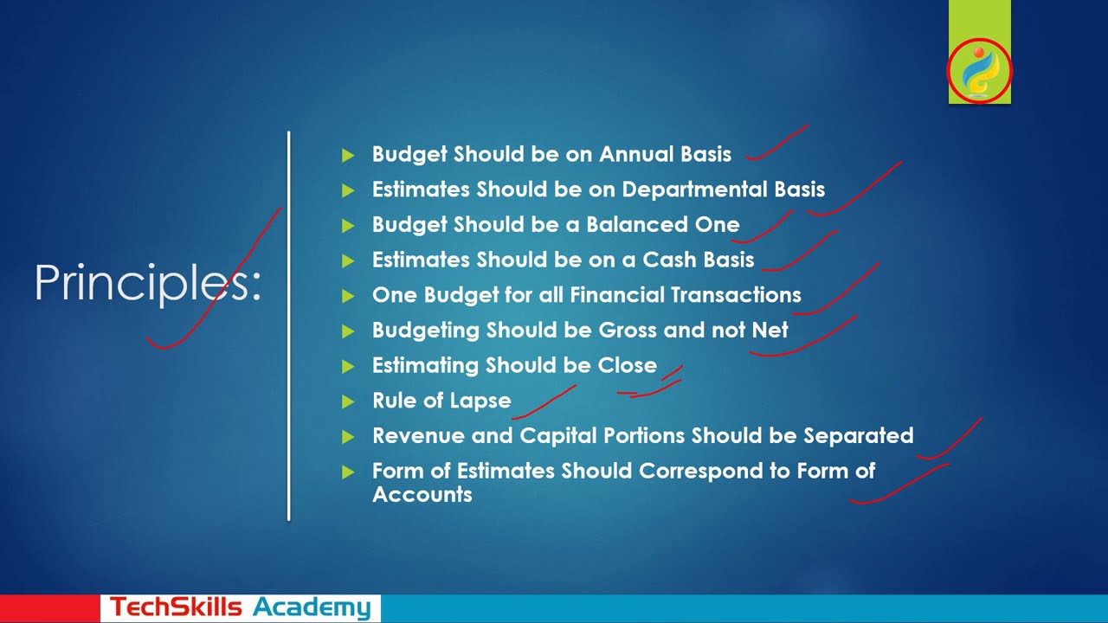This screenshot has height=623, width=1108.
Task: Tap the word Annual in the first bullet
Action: click(x=635, y=154)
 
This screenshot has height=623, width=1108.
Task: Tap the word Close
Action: click(x=627, y=365)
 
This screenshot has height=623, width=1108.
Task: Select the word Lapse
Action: click(x=480, y=401)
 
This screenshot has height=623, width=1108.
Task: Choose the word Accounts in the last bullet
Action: click(x=422, y=495)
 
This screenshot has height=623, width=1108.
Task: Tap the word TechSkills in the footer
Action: click(x=176, y=607)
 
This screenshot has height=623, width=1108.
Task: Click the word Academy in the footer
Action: click(x=312, y=607)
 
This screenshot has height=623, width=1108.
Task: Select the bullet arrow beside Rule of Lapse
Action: click(x=348, y=401)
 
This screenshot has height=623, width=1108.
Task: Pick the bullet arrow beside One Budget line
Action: click(x=348, y=296)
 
